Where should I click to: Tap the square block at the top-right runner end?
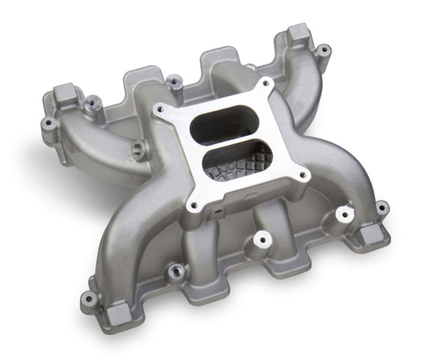[298, 33]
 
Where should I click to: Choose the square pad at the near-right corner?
[372, 235]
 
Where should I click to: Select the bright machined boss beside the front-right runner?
[345, 214]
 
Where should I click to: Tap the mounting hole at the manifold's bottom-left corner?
[89, 299]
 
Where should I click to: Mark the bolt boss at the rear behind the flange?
[173, 80]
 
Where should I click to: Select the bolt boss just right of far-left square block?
[93, 102]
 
